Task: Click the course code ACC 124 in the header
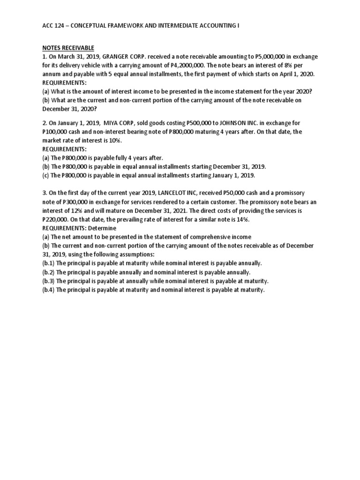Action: pos(52,26)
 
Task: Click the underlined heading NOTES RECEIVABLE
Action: pos(68,48)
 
